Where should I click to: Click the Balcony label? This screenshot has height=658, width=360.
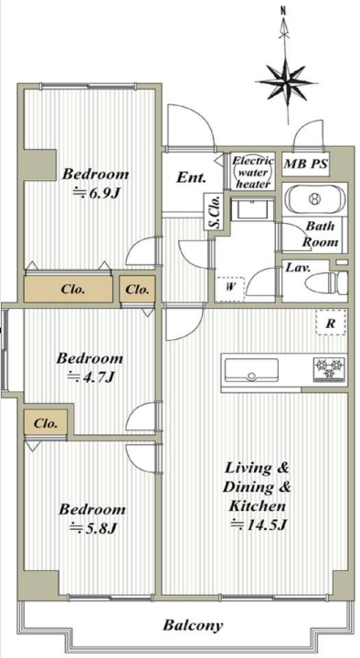point(193,626)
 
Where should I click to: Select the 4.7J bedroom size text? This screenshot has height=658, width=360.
point(90,377)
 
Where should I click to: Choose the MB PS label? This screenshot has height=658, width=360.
point(305,164)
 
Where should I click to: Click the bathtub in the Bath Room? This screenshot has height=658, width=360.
point(313,197)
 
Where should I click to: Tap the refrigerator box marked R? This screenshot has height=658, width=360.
point(331,323)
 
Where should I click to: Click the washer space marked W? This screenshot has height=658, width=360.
point(230,289)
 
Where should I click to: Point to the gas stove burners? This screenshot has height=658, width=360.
point(329,369)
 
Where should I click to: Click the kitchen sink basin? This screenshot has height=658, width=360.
point(251,370)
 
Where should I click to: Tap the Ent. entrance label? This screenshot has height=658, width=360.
point(191,177)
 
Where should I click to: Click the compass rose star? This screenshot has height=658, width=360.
point(287,82)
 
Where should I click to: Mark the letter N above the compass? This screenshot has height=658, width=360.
point(283,11)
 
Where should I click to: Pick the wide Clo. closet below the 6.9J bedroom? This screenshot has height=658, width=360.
point(69,289)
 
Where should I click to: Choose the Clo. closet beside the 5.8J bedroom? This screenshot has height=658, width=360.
point(46,423)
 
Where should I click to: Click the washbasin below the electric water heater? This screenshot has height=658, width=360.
point(253,208)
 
